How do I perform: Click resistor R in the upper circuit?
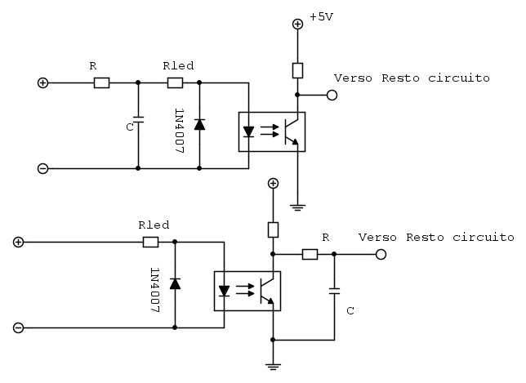(101, 82)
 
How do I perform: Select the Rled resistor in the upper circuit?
(175, 82)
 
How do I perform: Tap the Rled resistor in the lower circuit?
(150, 242)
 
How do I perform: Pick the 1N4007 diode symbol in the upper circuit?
(199, 124)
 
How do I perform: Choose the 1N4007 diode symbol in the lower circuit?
(175, 283)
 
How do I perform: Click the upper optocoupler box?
(271, 131)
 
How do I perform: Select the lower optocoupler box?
(247, 291)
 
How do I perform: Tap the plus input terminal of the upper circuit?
(42, 82)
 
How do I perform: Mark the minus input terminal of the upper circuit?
(42, 168)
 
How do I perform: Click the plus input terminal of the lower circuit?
(18, 242)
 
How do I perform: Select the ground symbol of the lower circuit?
(274, 366)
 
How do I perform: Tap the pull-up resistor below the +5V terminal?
(298, 69)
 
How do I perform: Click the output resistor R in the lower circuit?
(310, 254)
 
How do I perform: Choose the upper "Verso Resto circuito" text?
(412, 78)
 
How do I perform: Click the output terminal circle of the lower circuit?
(381, 254)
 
